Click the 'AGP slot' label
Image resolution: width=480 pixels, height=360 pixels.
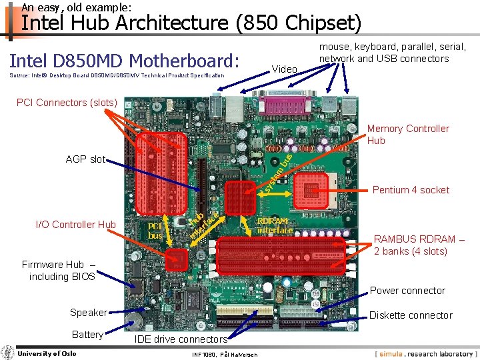coord(85,159)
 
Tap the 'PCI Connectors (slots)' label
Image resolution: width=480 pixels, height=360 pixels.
coord(67,103)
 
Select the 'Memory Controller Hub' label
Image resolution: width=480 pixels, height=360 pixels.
coord(408,134)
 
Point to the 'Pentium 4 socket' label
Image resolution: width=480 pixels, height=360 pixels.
coord(411,190)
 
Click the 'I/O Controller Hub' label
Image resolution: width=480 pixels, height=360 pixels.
coord(75,224)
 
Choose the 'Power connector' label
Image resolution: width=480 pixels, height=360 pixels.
coord(407,291)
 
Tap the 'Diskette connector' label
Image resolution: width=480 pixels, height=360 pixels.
coord(411,315)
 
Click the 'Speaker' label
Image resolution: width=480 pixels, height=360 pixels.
coord(88,313)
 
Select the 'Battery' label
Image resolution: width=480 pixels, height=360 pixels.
coord(87,335)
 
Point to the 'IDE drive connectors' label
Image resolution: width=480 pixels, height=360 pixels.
coord(181,339)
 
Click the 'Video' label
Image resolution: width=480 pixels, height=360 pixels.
coord(285,69)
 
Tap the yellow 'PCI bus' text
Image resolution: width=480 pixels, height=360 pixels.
coord(155,231)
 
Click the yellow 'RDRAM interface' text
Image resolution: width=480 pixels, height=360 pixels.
coord(275,225)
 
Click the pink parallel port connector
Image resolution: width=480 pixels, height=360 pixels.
coord(275,107)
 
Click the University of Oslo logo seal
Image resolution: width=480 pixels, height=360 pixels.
coord(7,353)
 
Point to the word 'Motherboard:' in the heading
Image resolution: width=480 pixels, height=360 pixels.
coord(184,61)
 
